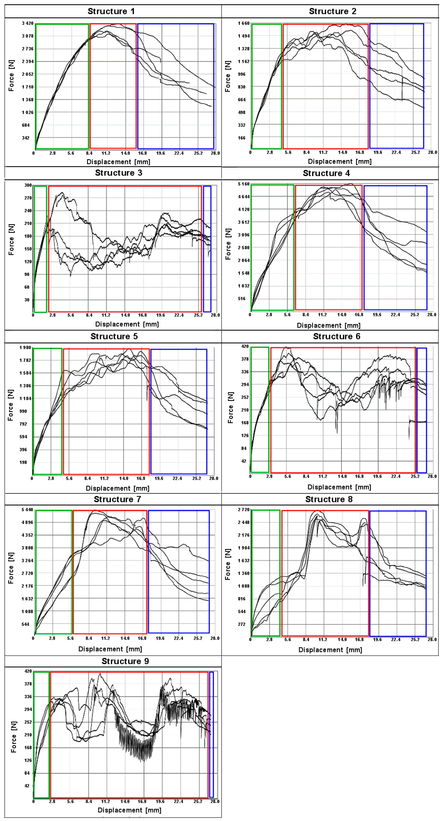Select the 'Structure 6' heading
[337, 337]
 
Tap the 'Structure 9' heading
[125, 661]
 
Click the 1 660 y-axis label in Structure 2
[244, 23]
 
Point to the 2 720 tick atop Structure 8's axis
[244, 510]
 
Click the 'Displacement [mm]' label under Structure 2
[340, 162]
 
